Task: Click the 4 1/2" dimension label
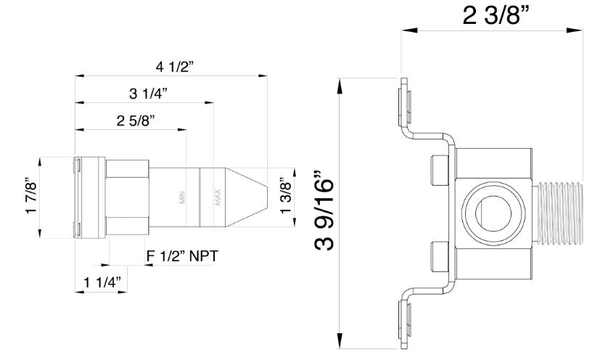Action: pos(173,66)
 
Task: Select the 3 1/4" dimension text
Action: pos(148,93)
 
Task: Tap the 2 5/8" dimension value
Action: pos(136,120)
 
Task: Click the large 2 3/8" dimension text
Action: pos(494,14)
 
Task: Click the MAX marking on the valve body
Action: pos(217,197)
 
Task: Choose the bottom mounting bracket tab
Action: pos(403,319)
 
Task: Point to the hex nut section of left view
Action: pos(127,197)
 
